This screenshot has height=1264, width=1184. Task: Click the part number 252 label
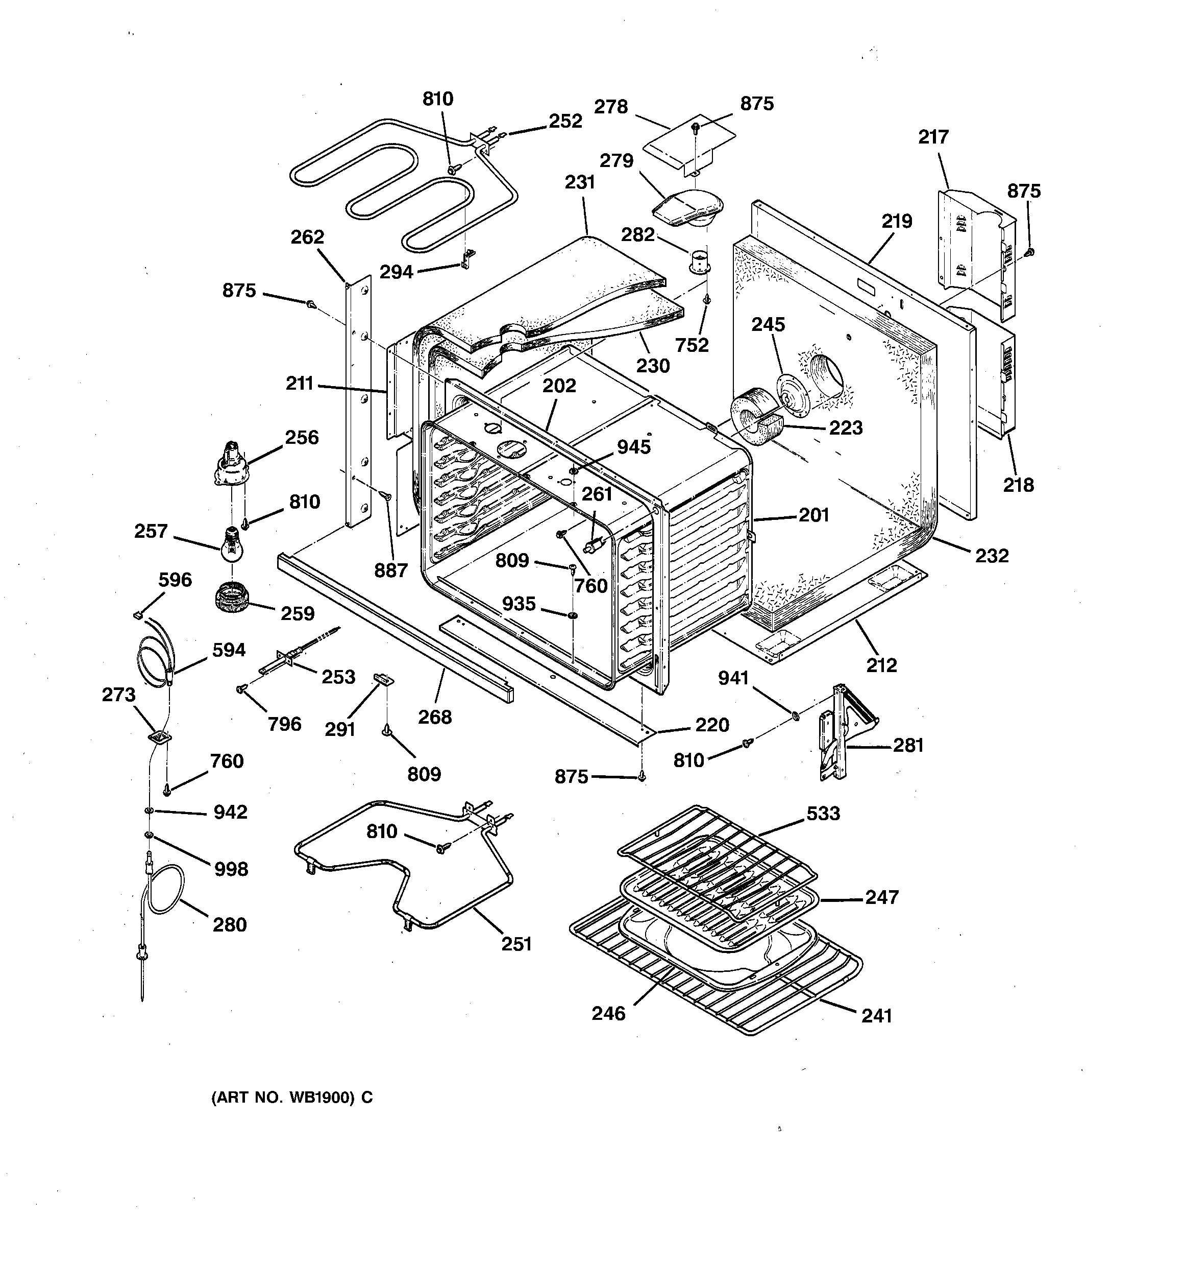pyautogui.click(x=565, y=121)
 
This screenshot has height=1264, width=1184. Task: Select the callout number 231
pyautogui.click(x=580, y=182)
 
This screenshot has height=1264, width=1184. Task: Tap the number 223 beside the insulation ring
pyautogui.click(x=845, y=428)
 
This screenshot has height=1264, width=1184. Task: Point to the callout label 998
pyautogui.click(x=230, y=869)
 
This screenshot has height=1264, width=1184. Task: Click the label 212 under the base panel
pyautogui.click(x=881, y=665)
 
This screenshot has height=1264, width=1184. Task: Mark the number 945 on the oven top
pyautogui.click(x=634, y=447)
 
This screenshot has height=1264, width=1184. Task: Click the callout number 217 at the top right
pyautogui.click(x=933, y=137)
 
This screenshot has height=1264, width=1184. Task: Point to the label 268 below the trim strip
pyautogui.click(x=435, y=717)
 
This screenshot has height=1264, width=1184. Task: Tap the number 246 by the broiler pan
pyautogui.click(x=608, y=1013)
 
